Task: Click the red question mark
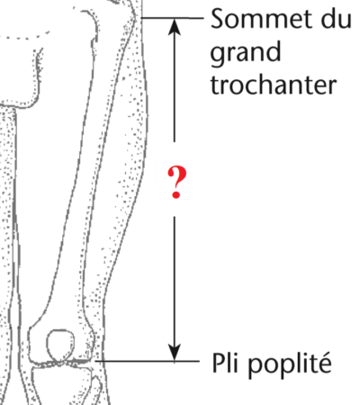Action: click(x=176, y=183)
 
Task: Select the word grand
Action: click(x=246, y=52)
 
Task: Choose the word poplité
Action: click(x=290, y=364)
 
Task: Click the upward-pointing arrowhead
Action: click(x=175, y=27)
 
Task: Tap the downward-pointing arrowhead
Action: click(x=175, y=352)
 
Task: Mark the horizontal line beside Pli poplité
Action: click(x=148, y=361)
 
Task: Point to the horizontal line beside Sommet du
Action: click(x=172, y=18)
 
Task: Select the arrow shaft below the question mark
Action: click(x=175, y=281)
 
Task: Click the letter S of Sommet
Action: click(x=218, y=19)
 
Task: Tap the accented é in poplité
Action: click(x=324, y=363)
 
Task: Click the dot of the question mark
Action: click(x=176, y=195)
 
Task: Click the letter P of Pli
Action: click(x=219, y=363)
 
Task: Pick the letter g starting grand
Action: click(x=218, y=56)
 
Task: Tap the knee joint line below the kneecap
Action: click(x=62, y=363)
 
